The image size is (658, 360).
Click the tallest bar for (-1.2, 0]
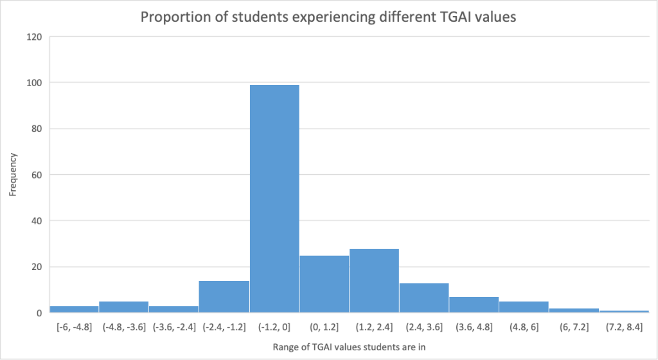(x=274, y=199)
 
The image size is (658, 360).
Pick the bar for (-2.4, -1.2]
(x=224, y=296)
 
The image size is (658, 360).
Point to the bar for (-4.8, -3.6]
(x=124, y=307)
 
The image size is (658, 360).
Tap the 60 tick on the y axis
(x=37, y=175)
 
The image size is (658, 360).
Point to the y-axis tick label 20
(x=37, y=267)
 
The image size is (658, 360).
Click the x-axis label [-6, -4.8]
(x=74, y=327)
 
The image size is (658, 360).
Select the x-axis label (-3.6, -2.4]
(x=174, y=327)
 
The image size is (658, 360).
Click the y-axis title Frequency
(x=13, y=175)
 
